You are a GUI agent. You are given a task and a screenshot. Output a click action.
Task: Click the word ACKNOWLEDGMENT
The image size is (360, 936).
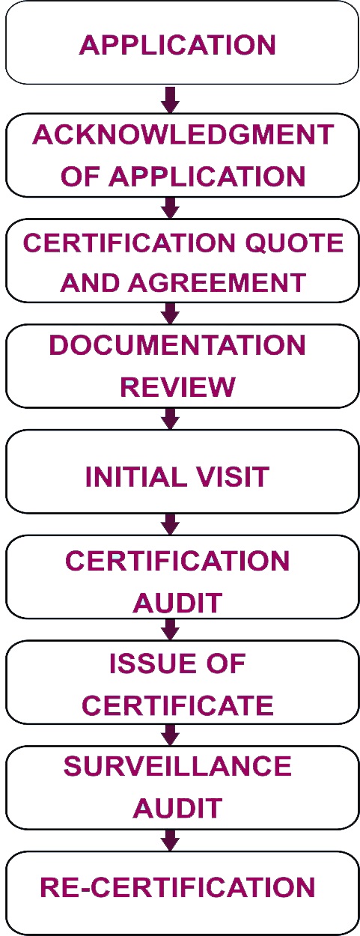click(x=183, y=135)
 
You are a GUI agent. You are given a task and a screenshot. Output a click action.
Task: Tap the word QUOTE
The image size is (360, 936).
click(x=294, y=243)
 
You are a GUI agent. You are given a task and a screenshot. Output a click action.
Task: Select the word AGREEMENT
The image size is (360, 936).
click(x=217, y=282)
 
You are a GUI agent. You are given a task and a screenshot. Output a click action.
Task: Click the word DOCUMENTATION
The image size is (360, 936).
click(x=177, y=345)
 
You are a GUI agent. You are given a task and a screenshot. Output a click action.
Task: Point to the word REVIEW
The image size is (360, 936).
click(x=177, y=386)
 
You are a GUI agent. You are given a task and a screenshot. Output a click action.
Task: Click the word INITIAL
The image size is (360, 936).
click(x=136, y=476)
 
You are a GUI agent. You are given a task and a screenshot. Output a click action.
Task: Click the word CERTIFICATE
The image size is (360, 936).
click(x=177, y=705)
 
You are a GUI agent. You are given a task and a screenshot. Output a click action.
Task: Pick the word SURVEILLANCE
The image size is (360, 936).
click(x=177, y=766)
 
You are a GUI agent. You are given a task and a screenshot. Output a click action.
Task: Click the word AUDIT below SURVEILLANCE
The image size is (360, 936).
click(x=177, y=808)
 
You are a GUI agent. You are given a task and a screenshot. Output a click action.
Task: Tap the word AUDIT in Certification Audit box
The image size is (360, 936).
click(x=177, y=602)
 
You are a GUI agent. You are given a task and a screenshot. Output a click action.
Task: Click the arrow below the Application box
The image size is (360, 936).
click(x=171, y=100)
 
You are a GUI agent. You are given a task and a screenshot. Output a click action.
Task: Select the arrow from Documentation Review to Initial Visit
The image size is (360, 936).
click(x=171, y=419)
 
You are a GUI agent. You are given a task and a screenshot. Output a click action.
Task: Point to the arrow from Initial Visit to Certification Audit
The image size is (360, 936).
click(x=171, y=524)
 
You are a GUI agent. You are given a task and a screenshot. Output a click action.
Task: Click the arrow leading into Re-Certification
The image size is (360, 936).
click(x=171, y=840)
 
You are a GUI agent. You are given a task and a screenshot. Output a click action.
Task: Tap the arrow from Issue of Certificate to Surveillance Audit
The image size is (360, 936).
click(x=171, y=735)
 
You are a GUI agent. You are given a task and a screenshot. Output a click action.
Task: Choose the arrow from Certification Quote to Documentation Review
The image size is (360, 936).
click(x=171, y=313)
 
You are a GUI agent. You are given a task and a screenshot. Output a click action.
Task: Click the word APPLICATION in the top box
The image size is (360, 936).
click(x=177, y=45)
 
